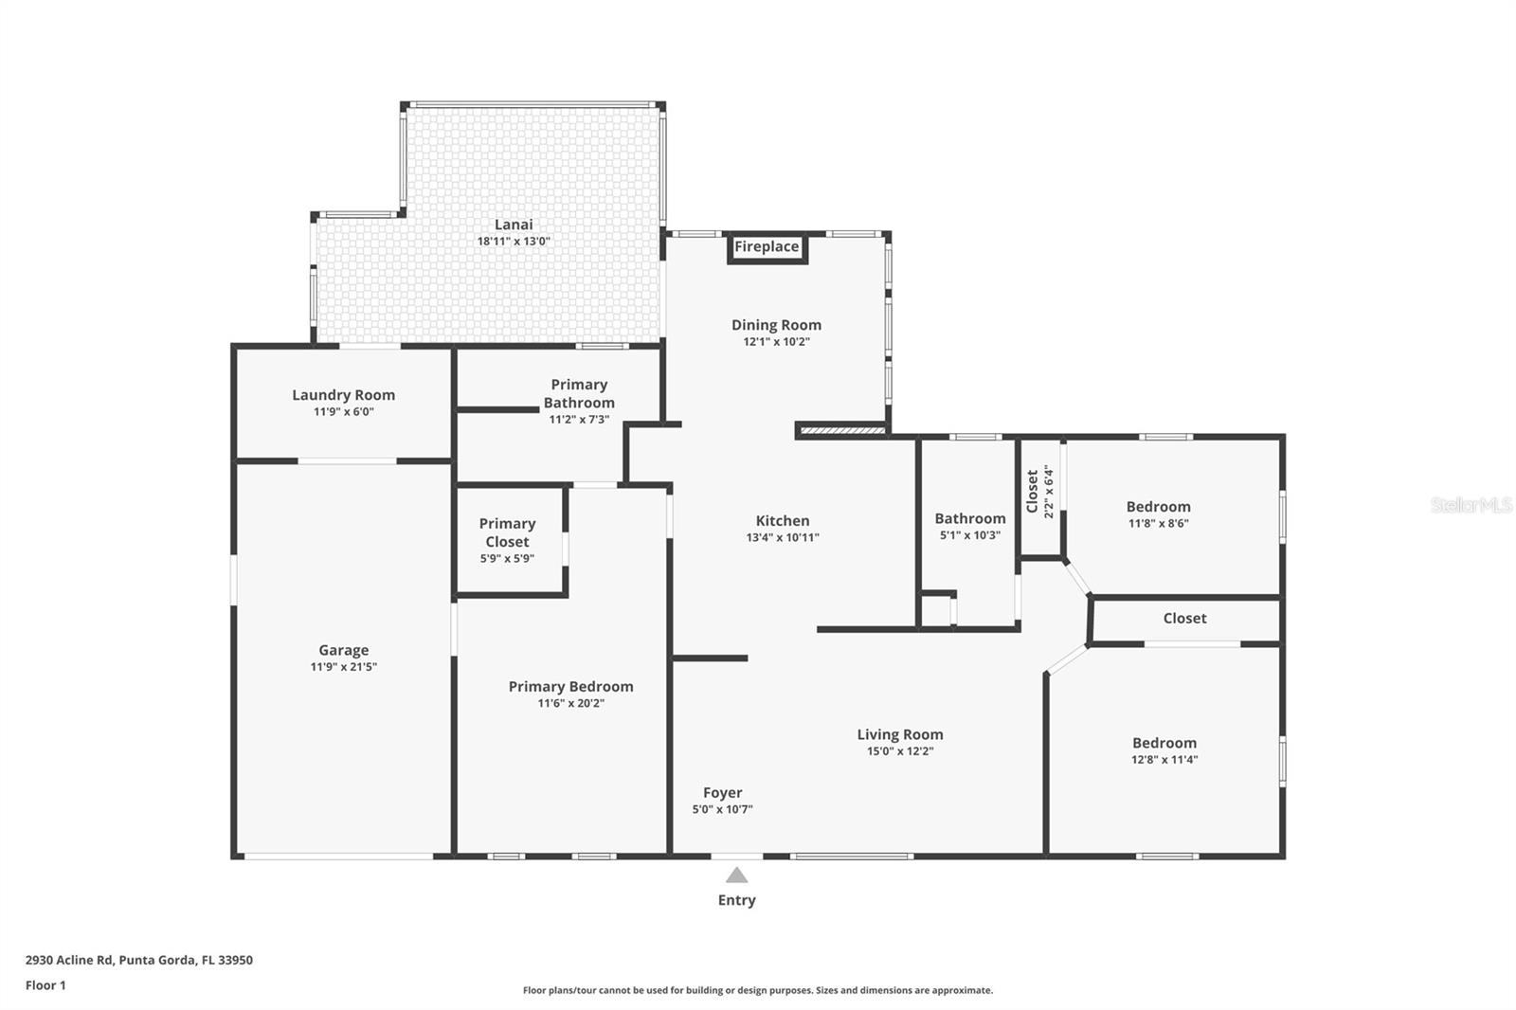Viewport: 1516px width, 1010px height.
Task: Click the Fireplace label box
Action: tap(767, 247)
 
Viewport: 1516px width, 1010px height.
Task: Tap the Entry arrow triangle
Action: tap(736, 875)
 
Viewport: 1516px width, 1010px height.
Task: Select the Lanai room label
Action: tap(514, 225)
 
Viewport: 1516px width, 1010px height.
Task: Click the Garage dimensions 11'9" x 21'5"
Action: tap(343, 667)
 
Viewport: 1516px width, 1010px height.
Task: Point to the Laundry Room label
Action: tap(343, 395)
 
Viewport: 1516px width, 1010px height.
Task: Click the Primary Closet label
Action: tap(507, 532)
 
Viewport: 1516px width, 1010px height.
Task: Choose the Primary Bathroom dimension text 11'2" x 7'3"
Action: tap(579, 420)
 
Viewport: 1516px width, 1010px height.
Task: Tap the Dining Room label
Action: tap(776, 325)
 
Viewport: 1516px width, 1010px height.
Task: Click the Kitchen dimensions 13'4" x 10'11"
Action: tap(783, 537)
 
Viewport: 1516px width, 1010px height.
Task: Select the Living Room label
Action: tap(899, 734)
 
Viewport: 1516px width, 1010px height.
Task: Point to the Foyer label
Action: tap(722, 793)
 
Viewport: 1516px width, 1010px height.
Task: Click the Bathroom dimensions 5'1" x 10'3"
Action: tap(970, 535)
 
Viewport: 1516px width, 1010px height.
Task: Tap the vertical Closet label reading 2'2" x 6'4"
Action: tap(1039, 491)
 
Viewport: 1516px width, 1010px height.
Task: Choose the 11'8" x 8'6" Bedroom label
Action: tap(1158, 507)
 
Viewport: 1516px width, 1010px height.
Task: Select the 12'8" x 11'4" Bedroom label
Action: tap(1164, 743)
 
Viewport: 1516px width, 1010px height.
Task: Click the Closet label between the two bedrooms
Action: tap(1184, 619)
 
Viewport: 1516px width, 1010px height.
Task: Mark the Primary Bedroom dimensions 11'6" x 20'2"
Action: tap(570, 703)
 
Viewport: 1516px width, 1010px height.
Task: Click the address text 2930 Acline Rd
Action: tap(138, 960)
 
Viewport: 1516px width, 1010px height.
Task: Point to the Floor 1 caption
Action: tap(45, 985)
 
